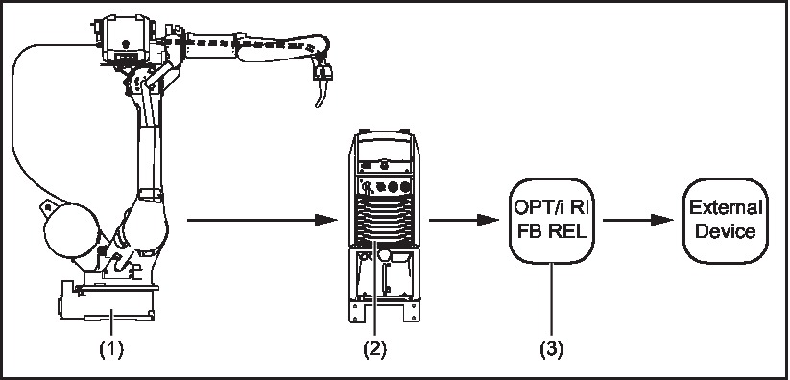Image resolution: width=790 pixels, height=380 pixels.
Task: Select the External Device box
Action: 723,220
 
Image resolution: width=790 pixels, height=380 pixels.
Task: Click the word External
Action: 723,208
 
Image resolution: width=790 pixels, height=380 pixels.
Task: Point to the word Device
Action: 723,231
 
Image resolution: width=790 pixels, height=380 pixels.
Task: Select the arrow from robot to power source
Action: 259,220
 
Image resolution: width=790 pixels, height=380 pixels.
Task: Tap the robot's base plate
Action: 106,307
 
